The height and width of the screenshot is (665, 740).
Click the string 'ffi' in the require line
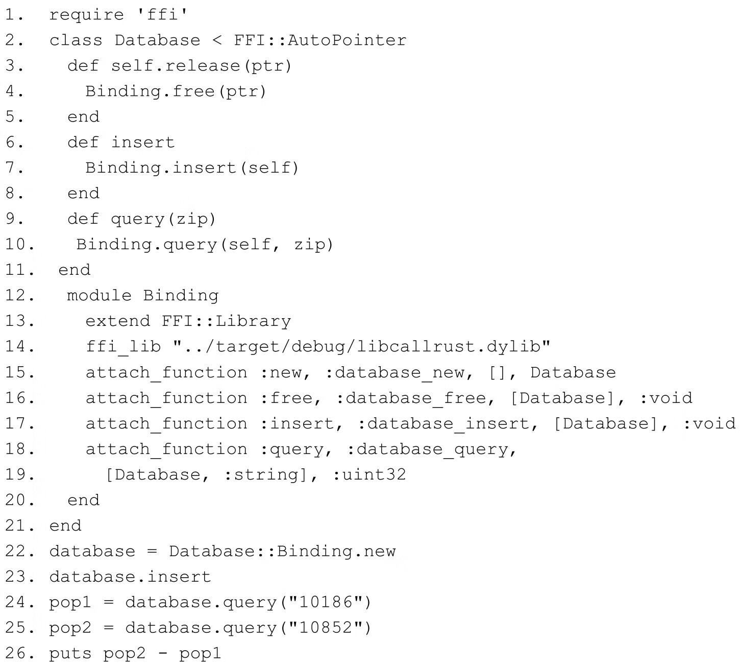coord(163,15)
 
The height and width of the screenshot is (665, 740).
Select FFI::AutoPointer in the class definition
coord(320,40)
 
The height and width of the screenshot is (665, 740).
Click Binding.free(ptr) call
coord(176,91)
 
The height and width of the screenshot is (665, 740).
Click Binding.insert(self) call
coord(192,168)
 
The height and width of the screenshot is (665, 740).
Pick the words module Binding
coord(143,296)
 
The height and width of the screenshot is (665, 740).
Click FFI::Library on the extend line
coord(227,321)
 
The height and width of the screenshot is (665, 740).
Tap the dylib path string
coord(362,347)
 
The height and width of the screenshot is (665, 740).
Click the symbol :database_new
coord(394,372)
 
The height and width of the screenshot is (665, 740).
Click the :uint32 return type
coord(369,474)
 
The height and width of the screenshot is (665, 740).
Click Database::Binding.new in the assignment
coord(282,551)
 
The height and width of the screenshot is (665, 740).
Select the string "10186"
coord(327,602)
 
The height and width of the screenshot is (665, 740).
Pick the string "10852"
coord(327,628)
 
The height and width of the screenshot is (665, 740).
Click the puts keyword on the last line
coord(70,653)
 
